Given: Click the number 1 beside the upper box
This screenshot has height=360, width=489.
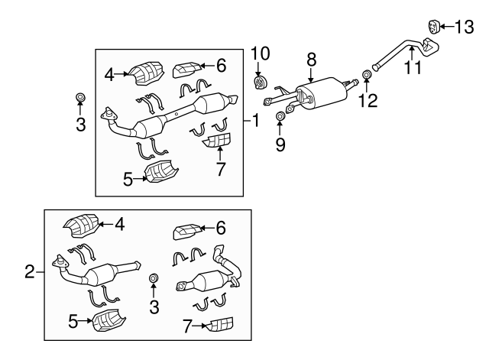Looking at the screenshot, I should pos(256,119).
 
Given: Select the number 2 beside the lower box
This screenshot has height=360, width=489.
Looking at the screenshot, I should pos(30,271).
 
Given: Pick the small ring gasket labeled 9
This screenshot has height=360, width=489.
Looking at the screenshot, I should pos(280,116).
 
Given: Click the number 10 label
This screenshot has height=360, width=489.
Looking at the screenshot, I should pos(260,53).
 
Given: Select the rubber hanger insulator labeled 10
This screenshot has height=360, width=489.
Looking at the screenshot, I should pos(260,81).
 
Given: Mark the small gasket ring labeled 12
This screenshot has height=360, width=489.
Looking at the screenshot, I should pos(367,75).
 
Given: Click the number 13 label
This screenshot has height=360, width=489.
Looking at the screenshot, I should pos(464,28).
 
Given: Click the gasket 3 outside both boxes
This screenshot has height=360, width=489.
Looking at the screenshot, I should pos(80,97).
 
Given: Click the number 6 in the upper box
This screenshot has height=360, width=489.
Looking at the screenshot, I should pos(221,66).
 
